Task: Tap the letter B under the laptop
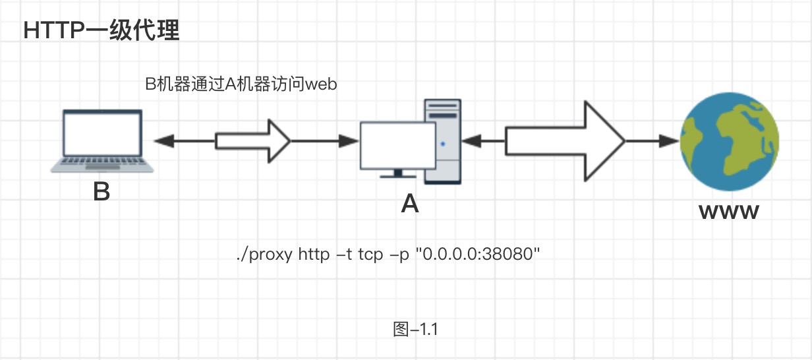coord(101,192)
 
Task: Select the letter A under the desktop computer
coord(410,205)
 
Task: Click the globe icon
coord(730,141)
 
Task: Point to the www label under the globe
coord(729,212)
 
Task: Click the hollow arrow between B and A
coord(253,140)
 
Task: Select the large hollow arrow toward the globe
coord(564,140)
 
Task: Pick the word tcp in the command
coord(370,255)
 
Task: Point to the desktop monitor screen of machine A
coord(398,144)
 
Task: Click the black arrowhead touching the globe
coord(670,140)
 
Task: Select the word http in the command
coord(313,255)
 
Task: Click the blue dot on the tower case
coord(443,142)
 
